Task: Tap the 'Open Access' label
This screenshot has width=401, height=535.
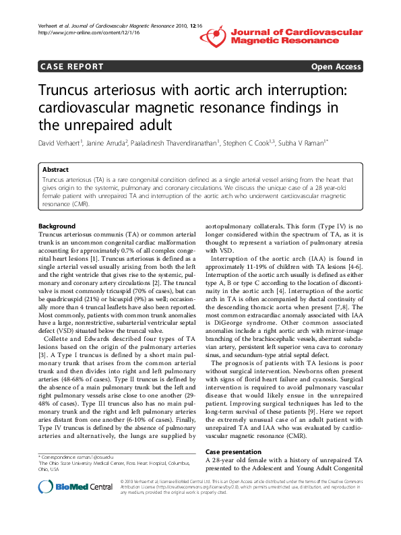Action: pos(335,67)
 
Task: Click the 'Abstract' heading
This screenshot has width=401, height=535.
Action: pos(55,170)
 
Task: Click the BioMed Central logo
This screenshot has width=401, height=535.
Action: pos(75,486)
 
